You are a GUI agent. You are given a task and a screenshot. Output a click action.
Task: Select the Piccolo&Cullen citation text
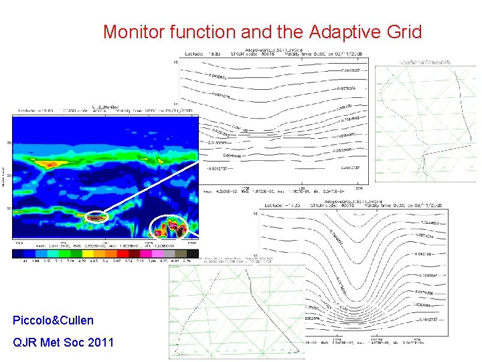(x=53, y=320)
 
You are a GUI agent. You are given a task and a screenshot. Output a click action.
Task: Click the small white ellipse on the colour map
(x=96, y=216)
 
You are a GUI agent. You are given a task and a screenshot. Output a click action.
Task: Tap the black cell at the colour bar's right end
(x=193, y=255)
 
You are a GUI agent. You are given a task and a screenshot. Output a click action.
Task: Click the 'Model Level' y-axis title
(x=3, y=176)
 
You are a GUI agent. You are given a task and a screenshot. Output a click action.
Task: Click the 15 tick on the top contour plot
(x=176, y=62)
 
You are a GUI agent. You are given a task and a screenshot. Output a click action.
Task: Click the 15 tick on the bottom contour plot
(x=255, y=214)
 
